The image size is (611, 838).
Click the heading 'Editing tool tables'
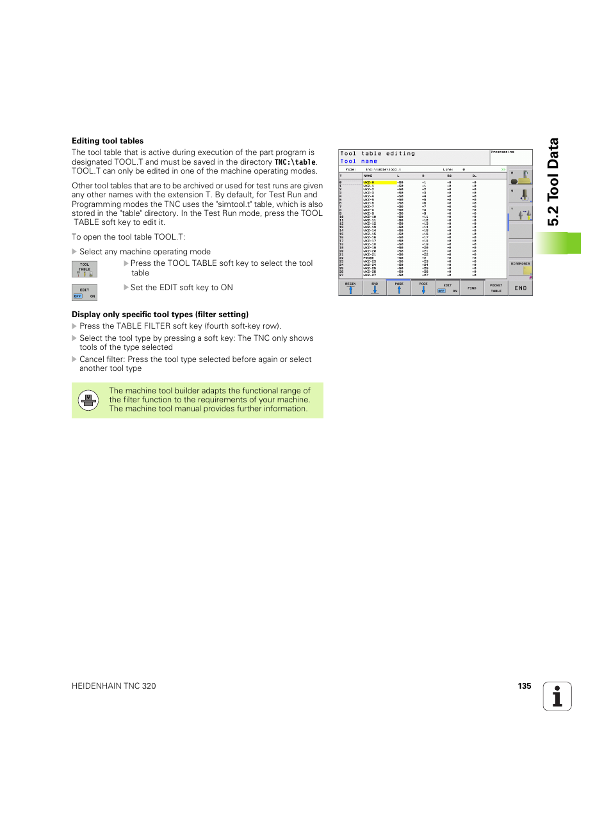(x=108, y=141)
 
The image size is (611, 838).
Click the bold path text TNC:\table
(x=295, y=162)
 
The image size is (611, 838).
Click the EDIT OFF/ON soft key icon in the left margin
(x=85, y=293)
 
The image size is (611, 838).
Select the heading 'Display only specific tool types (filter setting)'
(x=160, y=315)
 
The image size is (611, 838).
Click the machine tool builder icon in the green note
(x=88, y=400)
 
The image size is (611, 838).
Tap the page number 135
(x=524, y=686)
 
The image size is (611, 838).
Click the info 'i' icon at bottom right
(x=557, y=696)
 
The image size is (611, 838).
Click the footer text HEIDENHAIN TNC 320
(x=114, y=686)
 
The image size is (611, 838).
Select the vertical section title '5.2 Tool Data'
(x=553, y=182)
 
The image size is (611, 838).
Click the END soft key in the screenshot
(x=520, y=288)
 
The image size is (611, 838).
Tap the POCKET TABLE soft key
(x=496, y=288)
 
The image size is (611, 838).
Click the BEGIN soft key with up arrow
(x=350, y=288)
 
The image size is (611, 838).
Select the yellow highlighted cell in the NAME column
(x=379, y=183)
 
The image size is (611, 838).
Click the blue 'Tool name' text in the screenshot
(x=359, y=161)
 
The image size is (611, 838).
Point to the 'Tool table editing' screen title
(x=377, y=154)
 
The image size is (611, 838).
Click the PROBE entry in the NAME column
(x=369, y=258)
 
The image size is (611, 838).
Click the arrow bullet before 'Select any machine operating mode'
(x=74, y=252)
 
